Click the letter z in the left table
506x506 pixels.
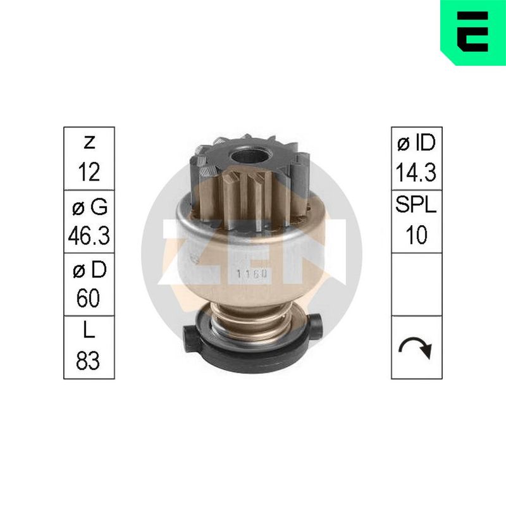[89, 143]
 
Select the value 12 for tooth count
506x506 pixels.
[89, 172]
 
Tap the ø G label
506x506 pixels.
[90, 207]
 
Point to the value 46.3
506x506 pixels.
[89, 235]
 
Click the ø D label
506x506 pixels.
[89, 269]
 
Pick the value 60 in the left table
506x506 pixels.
[89, 298]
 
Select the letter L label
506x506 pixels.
[89, 330]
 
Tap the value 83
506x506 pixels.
[88, 360]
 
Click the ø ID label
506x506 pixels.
[416, 143]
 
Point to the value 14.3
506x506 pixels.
[416, 172]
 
